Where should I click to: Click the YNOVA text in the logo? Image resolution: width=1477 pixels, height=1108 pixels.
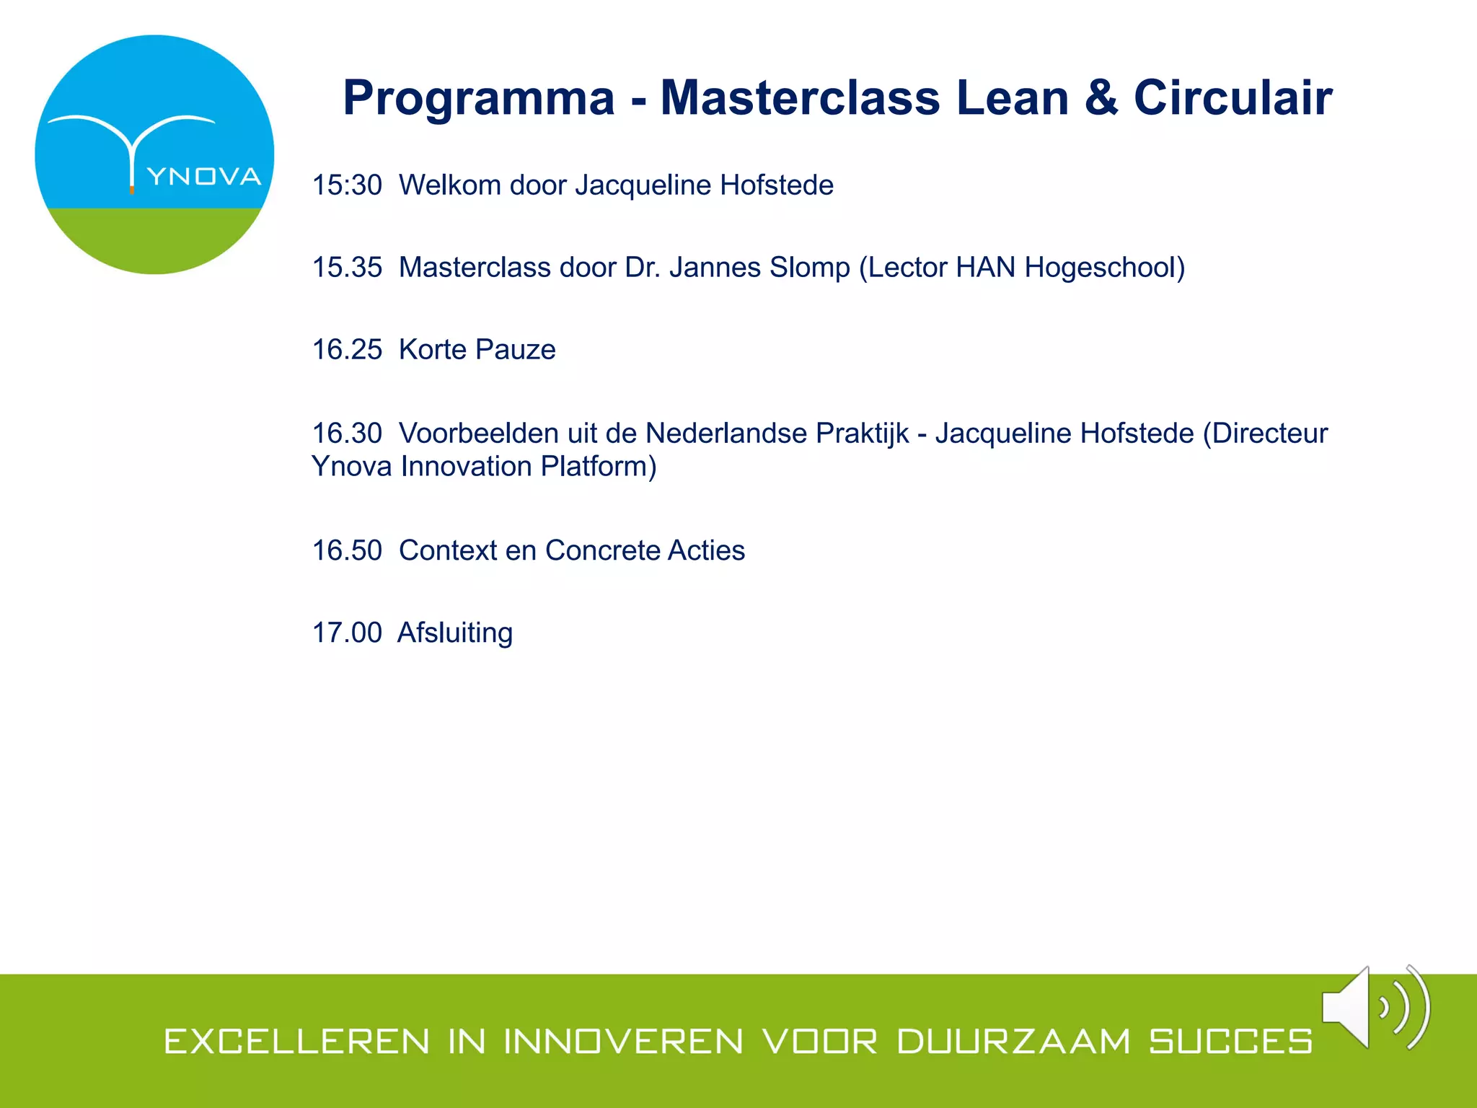(x=204, y=177)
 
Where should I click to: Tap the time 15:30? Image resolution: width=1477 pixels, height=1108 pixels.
(x=347, y=185)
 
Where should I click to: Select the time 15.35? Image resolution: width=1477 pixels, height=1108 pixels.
(x=347, y=268)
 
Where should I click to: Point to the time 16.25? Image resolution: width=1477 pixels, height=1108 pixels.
(x=347, y=350)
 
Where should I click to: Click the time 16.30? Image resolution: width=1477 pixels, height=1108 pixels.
(x=347, y=434)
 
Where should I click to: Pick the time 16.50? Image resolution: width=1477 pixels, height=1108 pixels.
(x=347, y=550)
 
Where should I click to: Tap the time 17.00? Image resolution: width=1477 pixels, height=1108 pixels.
(x=347, y=633)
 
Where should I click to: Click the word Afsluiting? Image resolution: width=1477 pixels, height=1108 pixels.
(x=455, y=633)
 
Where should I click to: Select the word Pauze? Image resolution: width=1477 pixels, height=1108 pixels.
(x=516, y=350)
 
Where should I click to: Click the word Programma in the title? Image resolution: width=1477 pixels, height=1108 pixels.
(x=479, y=98)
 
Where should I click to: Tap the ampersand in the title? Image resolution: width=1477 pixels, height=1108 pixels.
(x=1101, y=98)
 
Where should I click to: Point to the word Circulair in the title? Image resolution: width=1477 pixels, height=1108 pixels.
(x=1233, y=98)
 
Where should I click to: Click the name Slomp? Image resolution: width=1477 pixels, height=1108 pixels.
(x=810, y=268)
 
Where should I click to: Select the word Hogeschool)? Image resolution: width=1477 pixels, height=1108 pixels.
(x=1105, y=268)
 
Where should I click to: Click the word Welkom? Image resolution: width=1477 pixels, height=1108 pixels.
(x=450, y=185)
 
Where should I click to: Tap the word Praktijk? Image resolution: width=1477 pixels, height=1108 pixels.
(x=862, y=434)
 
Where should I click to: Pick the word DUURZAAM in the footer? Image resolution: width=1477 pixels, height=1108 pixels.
(x=1013, y=1042)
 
